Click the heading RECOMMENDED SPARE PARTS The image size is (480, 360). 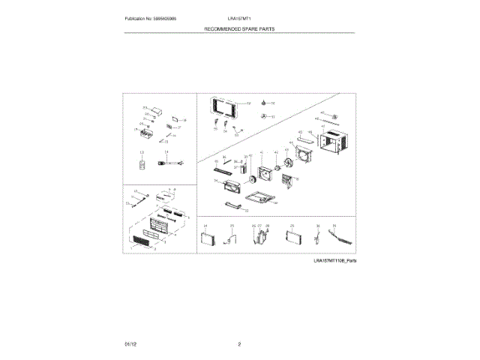click(x=239, y=28)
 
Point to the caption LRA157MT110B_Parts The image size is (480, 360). click(x=334, y=259)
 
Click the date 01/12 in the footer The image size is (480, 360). click(x=130, y=343)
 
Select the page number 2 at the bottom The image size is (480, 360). click(x=239, y=343)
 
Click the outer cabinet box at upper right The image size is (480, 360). click(x=333, y=143)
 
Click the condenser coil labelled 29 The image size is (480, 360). click(x=292, y=238)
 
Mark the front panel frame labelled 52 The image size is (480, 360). click(x=223, y=107)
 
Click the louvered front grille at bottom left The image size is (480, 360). click(x=142, y=241)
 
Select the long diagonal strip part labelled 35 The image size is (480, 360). click(x=342, y=238)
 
